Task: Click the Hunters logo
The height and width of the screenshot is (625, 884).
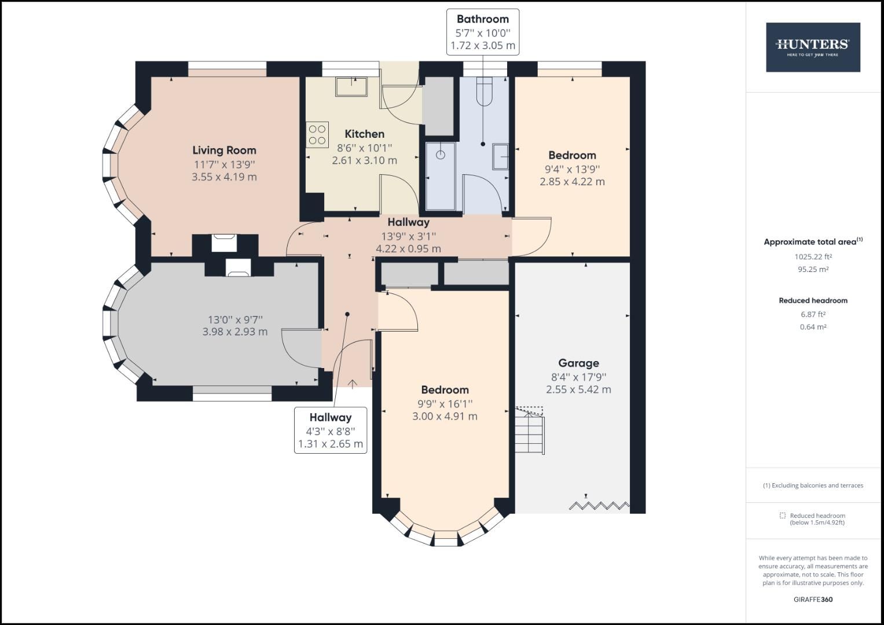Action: tap(812, 47)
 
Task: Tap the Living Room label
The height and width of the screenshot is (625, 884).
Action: tap(224, 150)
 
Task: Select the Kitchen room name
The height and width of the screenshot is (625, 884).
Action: tap(364, 134)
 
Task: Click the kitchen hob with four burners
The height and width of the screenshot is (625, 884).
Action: tap(317, 134)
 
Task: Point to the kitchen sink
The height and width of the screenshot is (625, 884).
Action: tap(351, 87)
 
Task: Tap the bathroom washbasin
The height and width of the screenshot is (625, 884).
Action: tap(501, 156)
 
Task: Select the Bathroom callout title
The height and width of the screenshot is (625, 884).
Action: tap(482, 19)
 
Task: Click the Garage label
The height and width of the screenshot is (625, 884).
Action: tap(578, 363)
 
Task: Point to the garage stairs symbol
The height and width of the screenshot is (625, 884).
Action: tap(530, 431)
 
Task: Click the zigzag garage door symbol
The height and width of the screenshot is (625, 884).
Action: tap(599, 505)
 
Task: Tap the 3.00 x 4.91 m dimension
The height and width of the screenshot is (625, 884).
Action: tap(445, 416)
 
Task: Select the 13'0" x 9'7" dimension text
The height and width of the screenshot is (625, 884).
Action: tap(235, 319)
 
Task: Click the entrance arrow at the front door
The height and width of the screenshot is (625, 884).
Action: tap(352, 383)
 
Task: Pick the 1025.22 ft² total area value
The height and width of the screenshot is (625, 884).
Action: tap(813, 256)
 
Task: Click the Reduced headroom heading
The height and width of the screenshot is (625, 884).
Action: tap(813, 300)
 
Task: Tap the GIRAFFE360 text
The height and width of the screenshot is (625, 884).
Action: tap(813, 600)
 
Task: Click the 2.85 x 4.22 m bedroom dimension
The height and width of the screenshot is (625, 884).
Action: tap(572, 182)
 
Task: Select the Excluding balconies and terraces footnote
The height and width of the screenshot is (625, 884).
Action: tap(813, 486)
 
